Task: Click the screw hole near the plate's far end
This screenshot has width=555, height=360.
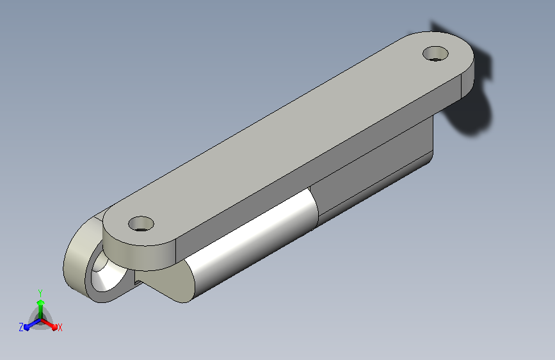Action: [435, 54]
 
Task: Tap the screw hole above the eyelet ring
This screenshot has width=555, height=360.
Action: [141, 224]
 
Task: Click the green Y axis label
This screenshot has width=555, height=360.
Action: [40, 293]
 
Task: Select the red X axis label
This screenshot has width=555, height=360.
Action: [60, 328]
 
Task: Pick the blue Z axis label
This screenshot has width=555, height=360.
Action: [21, 327]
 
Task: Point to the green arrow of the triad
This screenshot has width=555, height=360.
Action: [41, 309]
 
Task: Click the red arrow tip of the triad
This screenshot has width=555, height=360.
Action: [54, 327]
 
